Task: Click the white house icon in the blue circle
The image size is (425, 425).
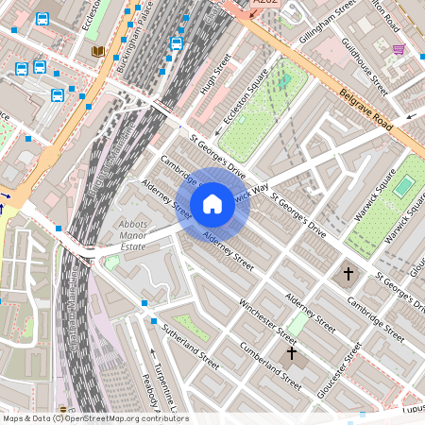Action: coord(212,203)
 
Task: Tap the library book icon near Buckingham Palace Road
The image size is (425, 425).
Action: coord(97,51)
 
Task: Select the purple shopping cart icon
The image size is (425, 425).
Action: coord(399,48)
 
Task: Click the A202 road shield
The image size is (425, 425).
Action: coord(268,5)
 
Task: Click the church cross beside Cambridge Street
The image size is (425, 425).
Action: coord(348,274)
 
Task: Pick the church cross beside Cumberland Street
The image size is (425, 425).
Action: coord(291,353)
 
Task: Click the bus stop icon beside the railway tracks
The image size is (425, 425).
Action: coord(177,43)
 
